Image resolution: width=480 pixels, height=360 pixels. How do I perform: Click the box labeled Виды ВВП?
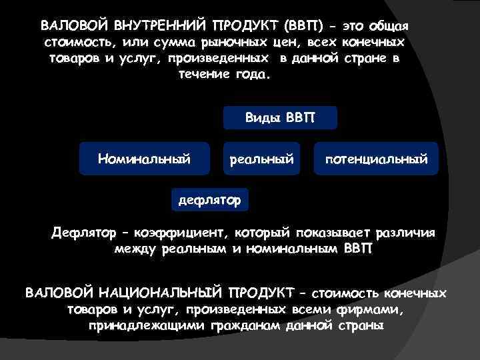pos(279,118)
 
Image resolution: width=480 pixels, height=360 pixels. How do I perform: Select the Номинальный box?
pos(144,159)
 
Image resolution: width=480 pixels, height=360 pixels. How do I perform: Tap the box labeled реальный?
pos(261,159)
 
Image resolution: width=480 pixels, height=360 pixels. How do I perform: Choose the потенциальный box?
pos(376,159)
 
